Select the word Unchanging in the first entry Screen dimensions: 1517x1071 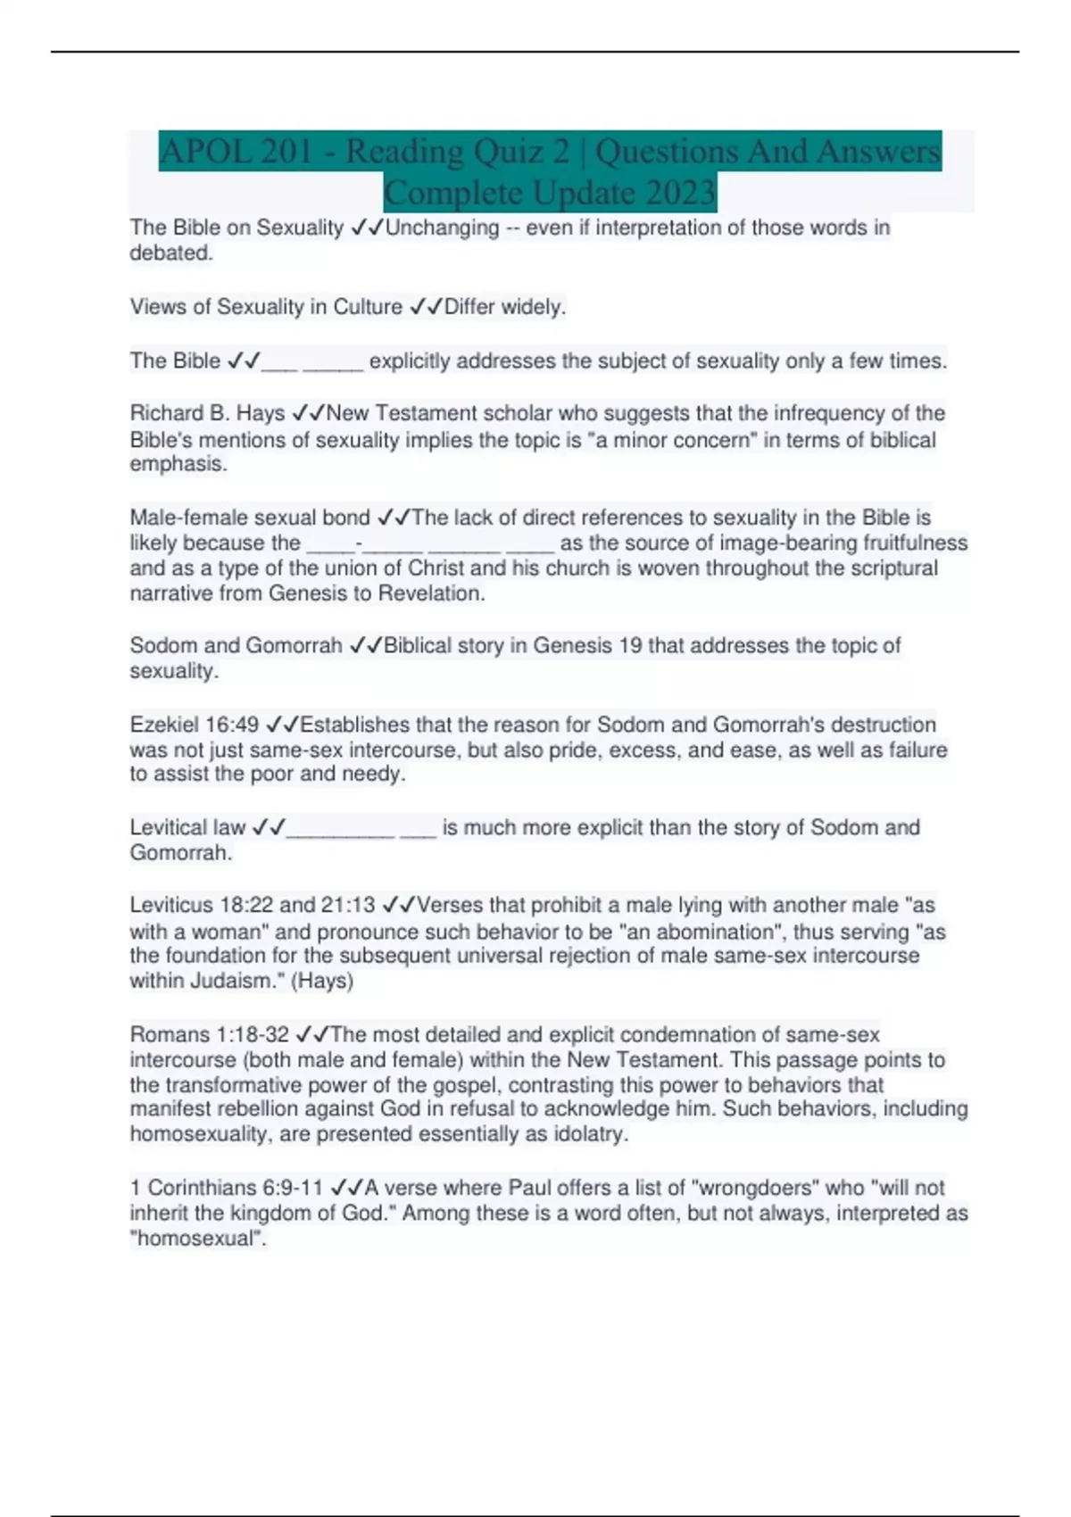[442, 228]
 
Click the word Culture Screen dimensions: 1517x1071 [368, 307]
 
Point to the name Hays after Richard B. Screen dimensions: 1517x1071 [260, 413]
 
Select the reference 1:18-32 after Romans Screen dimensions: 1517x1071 [253, 1035]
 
